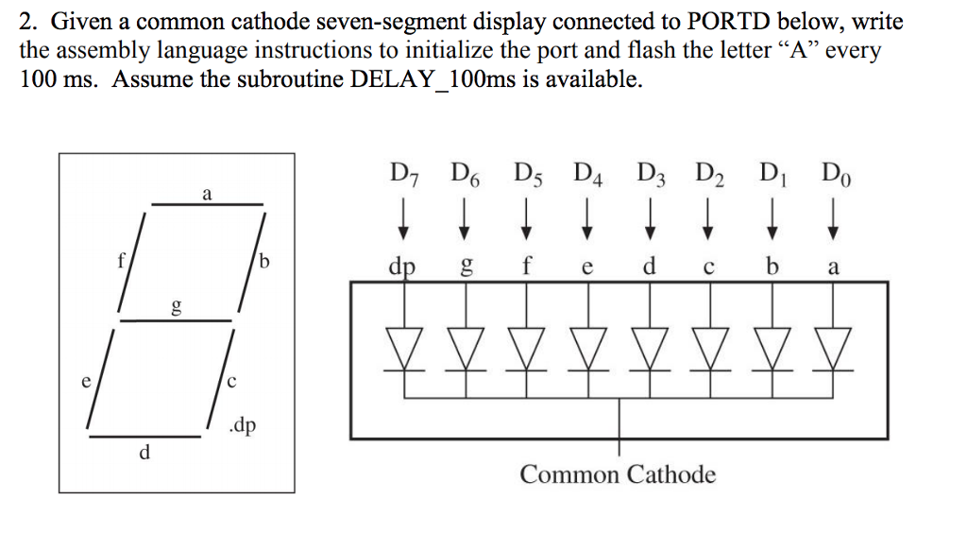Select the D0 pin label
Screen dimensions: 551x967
[x=834, y=175]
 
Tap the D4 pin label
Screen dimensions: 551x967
[x=587, y=175]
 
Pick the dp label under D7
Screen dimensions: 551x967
[x=404, y=267]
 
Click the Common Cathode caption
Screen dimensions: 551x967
[x=618, y=474]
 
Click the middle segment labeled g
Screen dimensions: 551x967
[x=175, y=319]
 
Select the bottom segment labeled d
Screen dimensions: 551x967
[x=147, y=435]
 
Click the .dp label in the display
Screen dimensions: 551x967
[x=241, y=426]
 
